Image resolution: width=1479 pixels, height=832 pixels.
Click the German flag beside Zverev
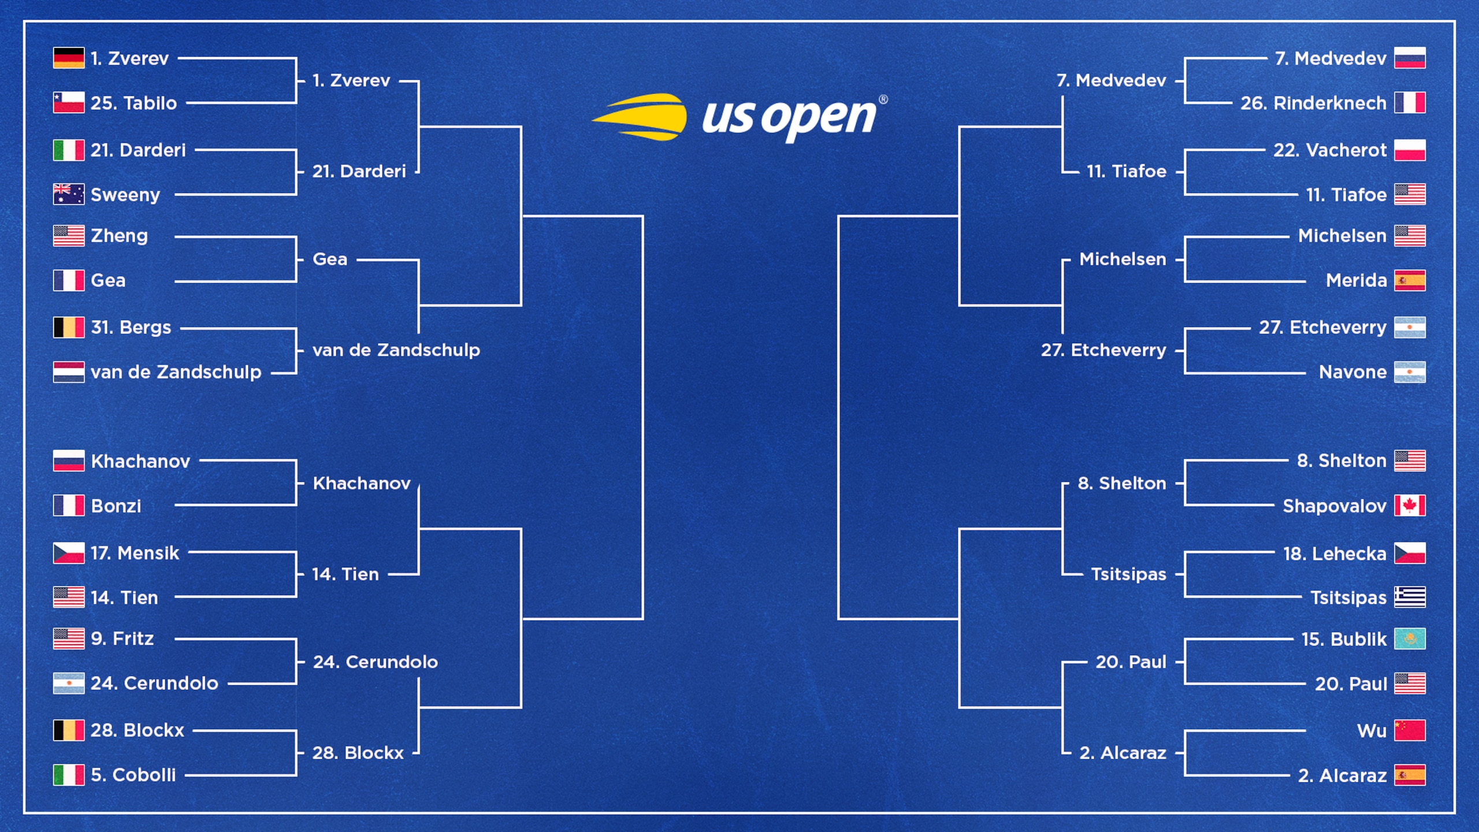click(69, 58)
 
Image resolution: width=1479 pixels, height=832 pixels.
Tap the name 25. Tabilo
click(133, 103)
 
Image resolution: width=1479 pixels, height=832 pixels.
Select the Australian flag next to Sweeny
click(69, 194)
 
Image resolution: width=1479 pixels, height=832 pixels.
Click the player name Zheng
click(119, 236)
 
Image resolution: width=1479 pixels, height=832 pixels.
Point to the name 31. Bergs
click(131, 327)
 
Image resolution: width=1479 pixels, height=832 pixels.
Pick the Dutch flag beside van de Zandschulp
click(69, 372)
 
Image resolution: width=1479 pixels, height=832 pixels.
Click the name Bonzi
click(116, 506)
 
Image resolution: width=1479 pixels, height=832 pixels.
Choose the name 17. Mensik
click(135, 553)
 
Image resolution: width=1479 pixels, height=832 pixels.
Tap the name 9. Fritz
click(122, 638)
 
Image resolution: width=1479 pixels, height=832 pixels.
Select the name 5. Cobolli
click(133, 775)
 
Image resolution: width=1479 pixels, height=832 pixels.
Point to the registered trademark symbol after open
click(883, 99)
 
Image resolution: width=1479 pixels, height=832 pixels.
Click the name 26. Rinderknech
click(1313, 103)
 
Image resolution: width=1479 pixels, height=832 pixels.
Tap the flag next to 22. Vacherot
click(1410, 150)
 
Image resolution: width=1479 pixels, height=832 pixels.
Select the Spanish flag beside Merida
click(1410, 280)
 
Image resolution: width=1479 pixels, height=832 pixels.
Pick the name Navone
click(1352, 372)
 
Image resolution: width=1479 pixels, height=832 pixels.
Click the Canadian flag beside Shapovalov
click(1410, 505)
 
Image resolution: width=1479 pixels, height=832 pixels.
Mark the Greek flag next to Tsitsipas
click(1410, 597)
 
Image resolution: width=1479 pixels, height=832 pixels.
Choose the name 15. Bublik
click(1344, 639)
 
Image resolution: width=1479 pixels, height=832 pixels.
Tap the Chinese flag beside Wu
click(1410, 730)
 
